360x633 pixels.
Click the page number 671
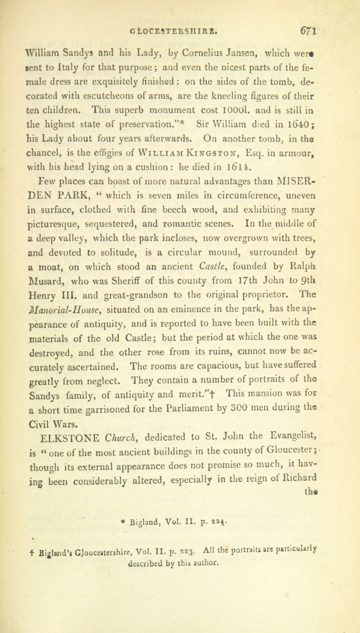[308, 30]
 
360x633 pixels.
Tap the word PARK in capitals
[72, 195]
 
